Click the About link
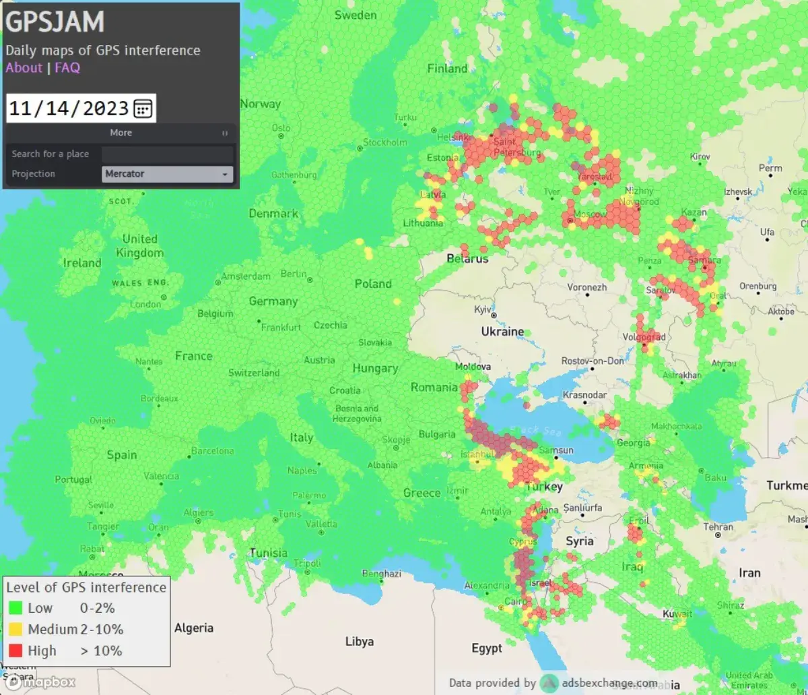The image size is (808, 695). pyautogui.click(x=24, y=67)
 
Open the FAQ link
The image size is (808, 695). pyautogui.click(x=67, y=67)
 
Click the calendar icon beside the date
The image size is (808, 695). pyautogui.click(x=143, y=108)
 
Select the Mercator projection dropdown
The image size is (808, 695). pyautogui.click(x=168, y=174)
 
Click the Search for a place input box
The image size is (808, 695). pyautogui.click(x=167, y=154)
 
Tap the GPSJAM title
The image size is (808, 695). pyautogui.click(x=55, y=22)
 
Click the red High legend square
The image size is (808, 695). pyautogui.click(x=15, y=651)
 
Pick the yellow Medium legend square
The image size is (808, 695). pyautogui.click(x=15, y=630)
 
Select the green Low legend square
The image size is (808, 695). pyautogui.click(x=15, y=608)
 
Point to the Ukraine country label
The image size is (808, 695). pyautogui.click(x=502, y=332)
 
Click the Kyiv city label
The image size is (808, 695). pyautogui.click(x=483, y=309)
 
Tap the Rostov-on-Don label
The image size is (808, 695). pyautogui.click(x=593, y=361)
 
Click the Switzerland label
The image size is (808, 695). pyautogui.click(x=254, y=373)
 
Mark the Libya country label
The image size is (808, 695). pyautogui.click(x=359, y=641)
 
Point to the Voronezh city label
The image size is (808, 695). pyautogui.click(x=586, y=287)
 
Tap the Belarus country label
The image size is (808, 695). pyautogui.click(x=467, y=259)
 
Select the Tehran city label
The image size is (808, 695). pyautogui.click(x=718, y=527)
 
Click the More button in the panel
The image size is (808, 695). pyautogui.click(x=121, y=133)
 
